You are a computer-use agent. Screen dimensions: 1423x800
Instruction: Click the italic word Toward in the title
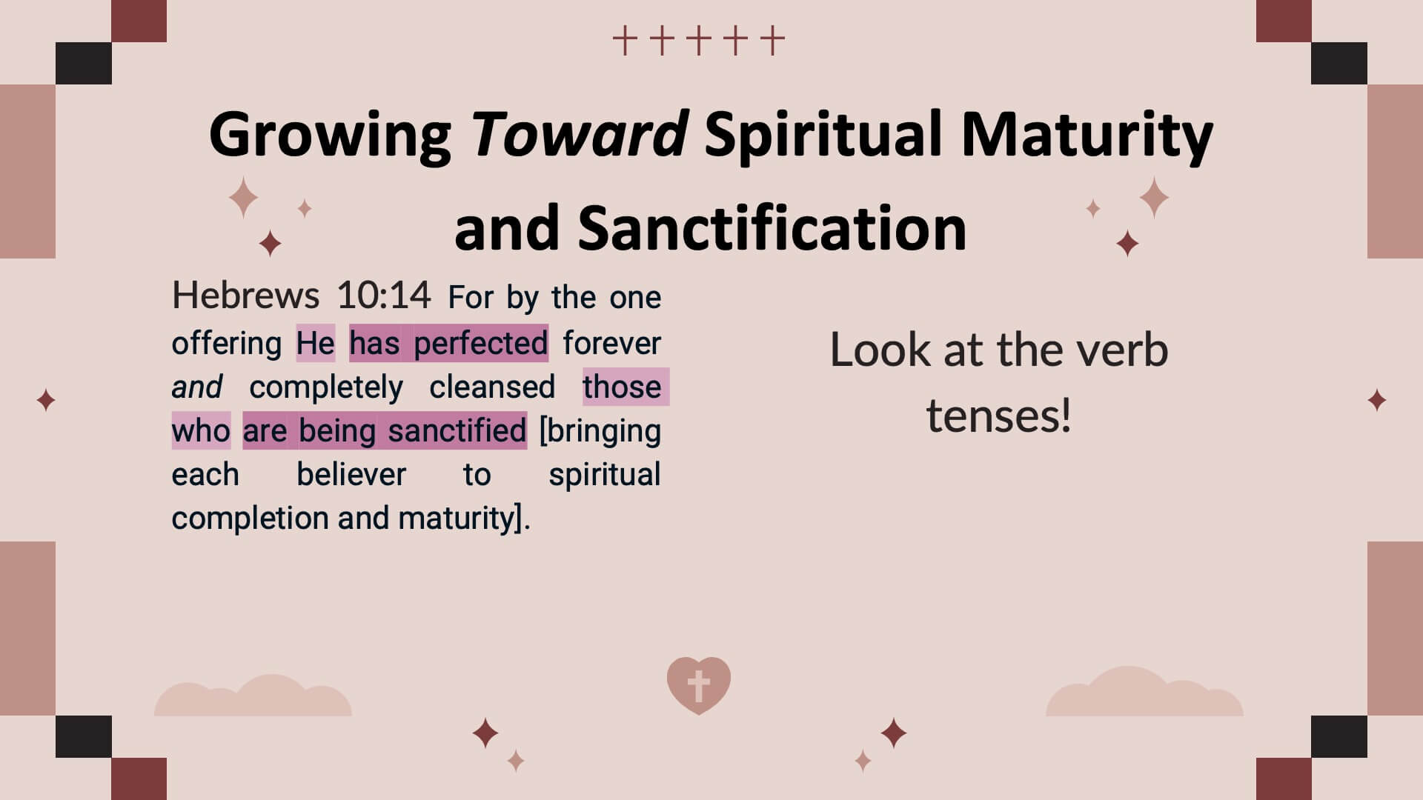tap(580, 134)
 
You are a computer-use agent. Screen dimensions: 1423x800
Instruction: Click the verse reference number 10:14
tap(383, 295)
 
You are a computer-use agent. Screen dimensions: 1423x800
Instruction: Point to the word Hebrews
tap(245, 295)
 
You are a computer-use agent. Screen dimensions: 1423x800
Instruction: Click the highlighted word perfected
tap(480, 343)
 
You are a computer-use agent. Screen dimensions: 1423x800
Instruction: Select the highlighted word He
tap(316, 343)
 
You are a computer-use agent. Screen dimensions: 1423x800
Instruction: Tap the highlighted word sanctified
tap(457, 430)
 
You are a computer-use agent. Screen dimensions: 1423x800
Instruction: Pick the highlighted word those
tap(622, 387)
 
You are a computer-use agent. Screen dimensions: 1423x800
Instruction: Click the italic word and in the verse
tap(196, 387)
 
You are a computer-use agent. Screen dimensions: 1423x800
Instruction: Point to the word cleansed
tap(492, 387)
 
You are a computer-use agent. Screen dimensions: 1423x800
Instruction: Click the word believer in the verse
tap(351, 474)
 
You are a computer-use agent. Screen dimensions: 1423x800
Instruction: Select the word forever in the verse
tap(611, 343)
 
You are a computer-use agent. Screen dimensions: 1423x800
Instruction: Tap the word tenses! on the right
tap(998, 416)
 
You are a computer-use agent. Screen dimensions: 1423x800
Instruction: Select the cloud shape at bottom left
tap(253, 696)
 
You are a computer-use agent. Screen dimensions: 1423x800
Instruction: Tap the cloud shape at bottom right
tap(1144, 693)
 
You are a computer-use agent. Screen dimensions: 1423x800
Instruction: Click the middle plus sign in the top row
tap(698, 41)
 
